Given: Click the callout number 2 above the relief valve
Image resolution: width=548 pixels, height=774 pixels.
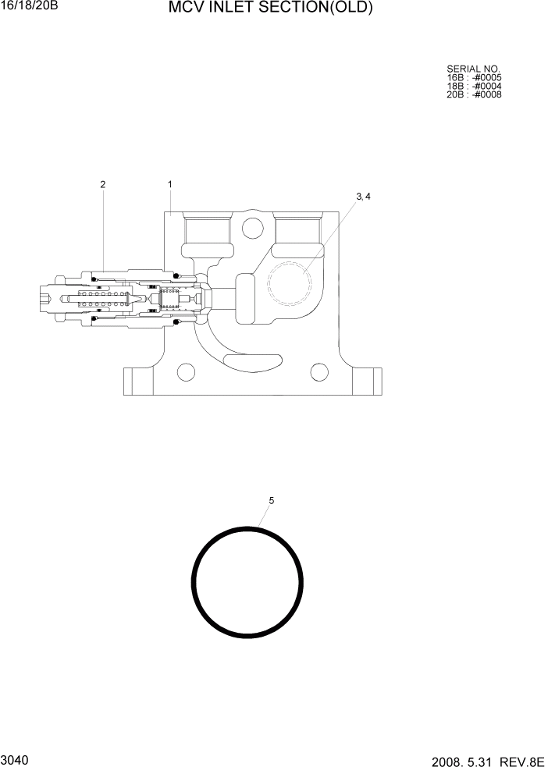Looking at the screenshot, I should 102,185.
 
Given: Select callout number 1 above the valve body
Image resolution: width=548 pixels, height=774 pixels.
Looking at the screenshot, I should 169,184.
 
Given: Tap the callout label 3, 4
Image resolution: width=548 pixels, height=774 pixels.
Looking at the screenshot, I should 363,197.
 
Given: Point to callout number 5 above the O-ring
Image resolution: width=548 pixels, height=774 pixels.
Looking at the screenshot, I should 271,500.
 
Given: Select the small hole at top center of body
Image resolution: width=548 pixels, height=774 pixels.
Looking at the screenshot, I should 252,228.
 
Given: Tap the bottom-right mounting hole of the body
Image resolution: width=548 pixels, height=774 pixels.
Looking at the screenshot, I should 318,371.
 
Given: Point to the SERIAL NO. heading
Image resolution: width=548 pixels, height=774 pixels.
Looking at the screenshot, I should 473,69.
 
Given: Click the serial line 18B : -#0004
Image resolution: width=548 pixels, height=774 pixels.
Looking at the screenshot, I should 474,86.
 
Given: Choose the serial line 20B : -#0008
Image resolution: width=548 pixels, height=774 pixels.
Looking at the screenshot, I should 474,94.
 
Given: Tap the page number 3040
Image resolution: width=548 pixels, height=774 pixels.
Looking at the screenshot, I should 15,759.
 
